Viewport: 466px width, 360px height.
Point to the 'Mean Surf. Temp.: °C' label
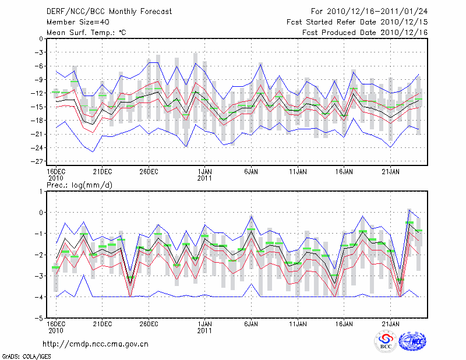point(86,33)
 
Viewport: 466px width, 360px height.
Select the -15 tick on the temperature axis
point(37,107)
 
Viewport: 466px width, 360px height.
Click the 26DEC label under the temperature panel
point(149,172)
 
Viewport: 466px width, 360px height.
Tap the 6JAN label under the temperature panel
point(251,172)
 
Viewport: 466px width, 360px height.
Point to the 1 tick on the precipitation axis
point(41,191)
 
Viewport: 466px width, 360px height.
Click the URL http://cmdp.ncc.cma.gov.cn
point(96,344)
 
